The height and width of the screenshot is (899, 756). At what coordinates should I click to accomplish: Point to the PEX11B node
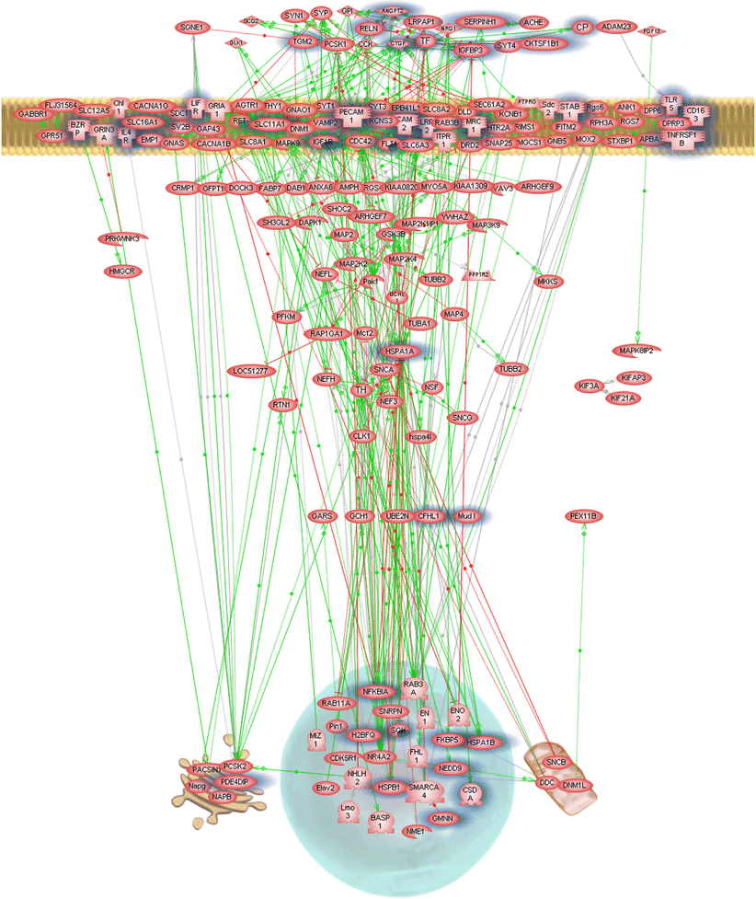click(x=585, y=516)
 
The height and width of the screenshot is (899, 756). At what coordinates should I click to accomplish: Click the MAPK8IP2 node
click(x=642, y=351)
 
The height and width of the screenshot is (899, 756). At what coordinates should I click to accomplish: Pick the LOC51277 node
click(x=249, y=370)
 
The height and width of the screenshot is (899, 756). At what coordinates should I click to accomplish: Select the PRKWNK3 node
click(x=123, y=239)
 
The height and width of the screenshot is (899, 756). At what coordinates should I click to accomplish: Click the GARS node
click(x=320, y=516)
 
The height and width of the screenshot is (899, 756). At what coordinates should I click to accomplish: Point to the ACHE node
click(x=533, y=21)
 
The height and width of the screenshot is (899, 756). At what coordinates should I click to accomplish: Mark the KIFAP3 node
click(x=637, y=377)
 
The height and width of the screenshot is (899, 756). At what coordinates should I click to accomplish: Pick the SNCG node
click(x=462, y=418)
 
